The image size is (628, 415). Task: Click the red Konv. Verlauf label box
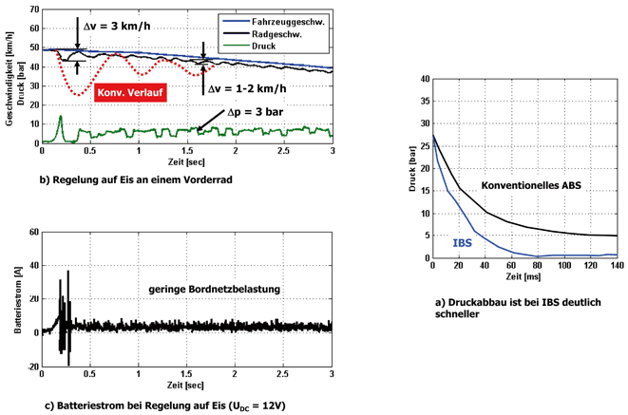[129, 94]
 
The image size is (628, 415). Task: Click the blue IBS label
[463, 244]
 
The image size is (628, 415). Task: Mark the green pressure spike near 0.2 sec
[61, 118]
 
